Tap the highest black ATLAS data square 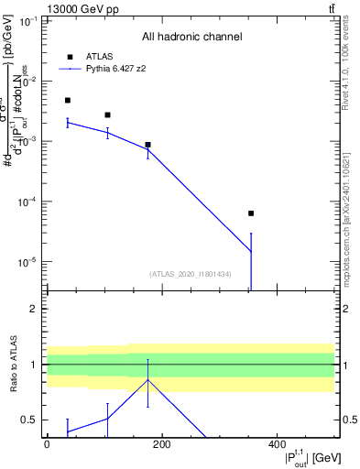point(68,100)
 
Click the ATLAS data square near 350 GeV point(251,213)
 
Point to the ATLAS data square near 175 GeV point(147,145)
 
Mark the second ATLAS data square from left point(108,115)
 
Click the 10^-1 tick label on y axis point(27,20)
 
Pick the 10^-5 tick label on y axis point(27,262)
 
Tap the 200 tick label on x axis point(161,444)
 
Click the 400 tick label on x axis point(277,444)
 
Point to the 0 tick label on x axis point(47,444)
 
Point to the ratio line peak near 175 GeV point(147,379)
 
